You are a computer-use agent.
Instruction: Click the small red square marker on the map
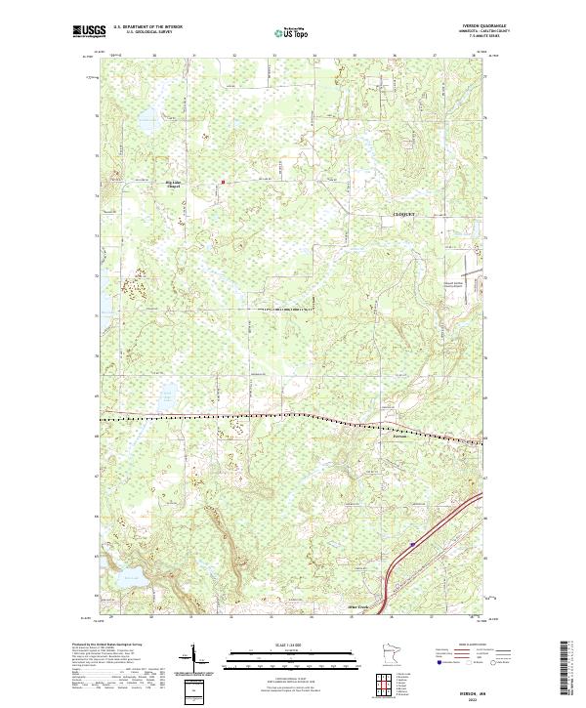223,181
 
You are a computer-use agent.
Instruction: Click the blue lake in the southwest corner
127,579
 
